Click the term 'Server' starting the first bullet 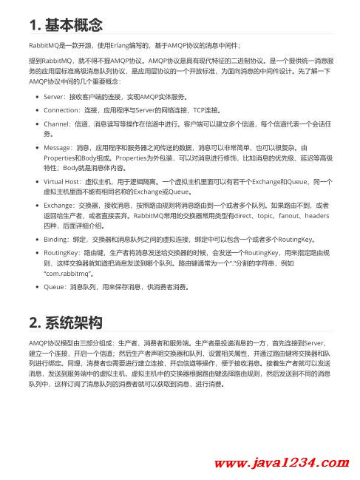coord(55,97)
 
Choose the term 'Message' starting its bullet coord(59,148)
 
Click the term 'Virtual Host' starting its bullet coord(64,181)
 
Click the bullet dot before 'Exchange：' coord(37,203)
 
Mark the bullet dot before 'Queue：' coord(37,285)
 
